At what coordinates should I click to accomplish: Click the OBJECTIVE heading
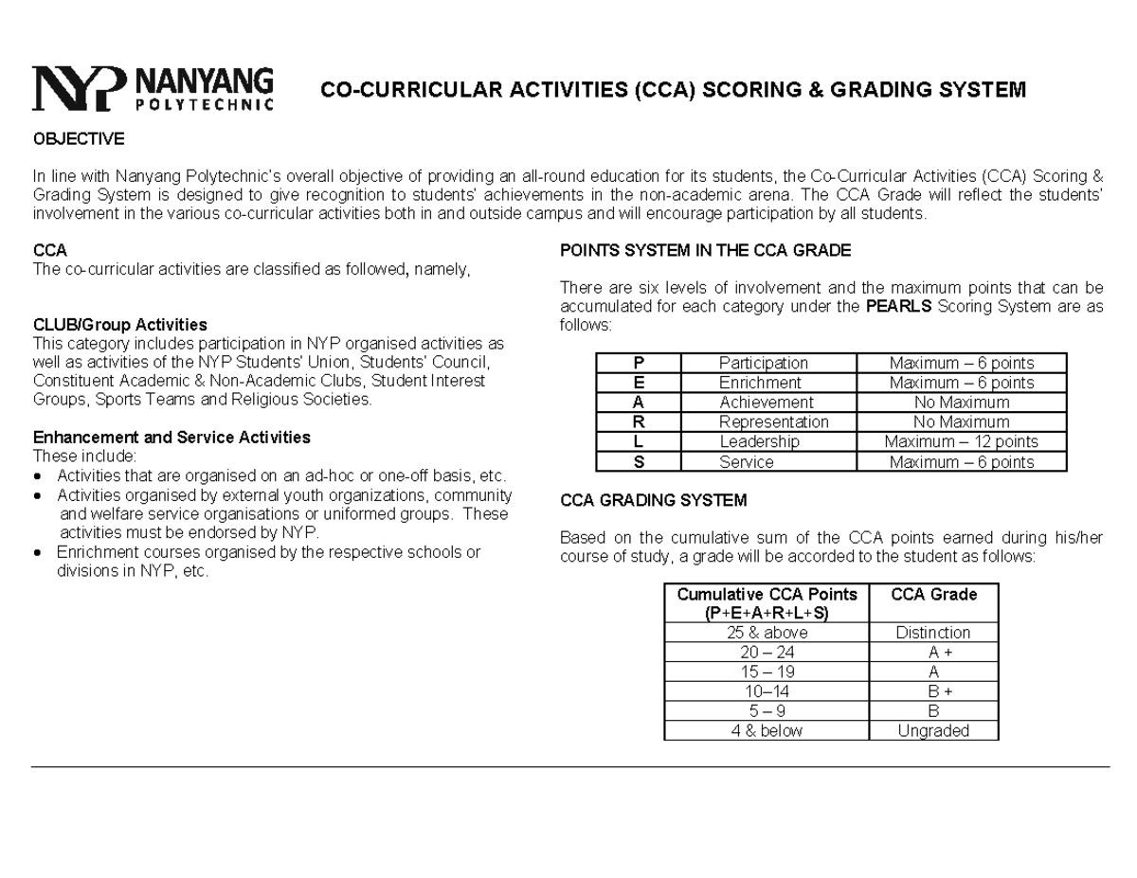tap(79, 139)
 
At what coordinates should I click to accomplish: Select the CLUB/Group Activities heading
tap(120, 325)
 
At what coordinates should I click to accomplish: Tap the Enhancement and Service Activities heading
tap(171, 438)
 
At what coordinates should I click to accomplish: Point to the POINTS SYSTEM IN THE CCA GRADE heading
tap(706, 251)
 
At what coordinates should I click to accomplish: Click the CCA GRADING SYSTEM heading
tap(654, 500)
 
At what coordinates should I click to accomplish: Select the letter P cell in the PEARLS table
tap(637, 363)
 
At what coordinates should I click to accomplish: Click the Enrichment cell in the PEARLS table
tap(760, 383)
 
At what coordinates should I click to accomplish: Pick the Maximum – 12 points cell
tap(961, 441)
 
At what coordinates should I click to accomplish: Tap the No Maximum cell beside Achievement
tap(961, 403)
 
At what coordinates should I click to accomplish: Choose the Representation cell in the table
tap(773, 422)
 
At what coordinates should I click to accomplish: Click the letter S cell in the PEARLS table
tap(637, 462)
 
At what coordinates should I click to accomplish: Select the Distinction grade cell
tap(932, 632)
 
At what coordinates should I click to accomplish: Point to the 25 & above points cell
tap(767, 632)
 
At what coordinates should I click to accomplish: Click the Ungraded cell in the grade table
tap(932, 730)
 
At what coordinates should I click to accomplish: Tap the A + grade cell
tap(932, 652)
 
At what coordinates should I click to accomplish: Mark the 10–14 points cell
tap(767, 691)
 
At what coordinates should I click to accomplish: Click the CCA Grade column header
tap(932, 595)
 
